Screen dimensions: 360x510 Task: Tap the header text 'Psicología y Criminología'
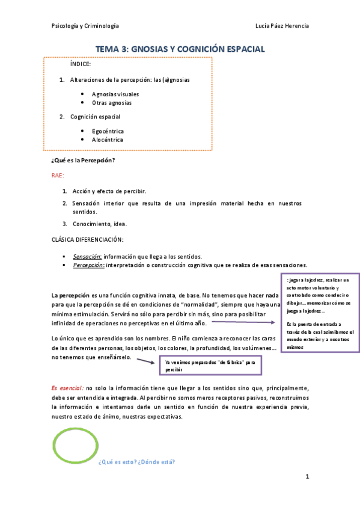tap(85, 25)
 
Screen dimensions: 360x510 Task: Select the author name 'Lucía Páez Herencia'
tap(282, 25)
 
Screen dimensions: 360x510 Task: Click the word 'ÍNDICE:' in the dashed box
tap(81, 64)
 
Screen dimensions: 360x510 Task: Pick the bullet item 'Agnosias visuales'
tap(115, 94)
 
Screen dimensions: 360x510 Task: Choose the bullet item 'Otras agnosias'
tap(112, 103)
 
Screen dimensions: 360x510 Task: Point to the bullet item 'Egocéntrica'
tap(108, 131)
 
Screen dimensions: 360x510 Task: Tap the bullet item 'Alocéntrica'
tap(108, 140)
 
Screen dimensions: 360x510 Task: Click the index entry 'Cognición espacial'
tap(95, 117)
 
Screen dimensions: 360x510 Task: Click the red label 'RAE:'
tap(58, 175)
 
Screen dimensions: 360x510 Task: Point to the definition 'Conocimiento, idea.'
tap(100, 224)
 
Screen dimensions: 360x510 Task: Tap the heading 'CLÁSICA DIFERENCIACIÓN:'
tap(87, 239)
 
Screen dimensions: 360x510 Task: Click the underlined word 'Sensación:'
tap(87, 256)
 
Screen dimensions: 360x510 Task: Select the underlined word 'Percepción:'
tap(88, 265)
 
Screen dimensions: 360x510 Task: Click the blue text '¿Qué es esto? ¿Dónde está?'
tap(137, 462)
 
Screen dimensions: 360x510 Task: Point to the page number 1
tap(307, 478)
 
